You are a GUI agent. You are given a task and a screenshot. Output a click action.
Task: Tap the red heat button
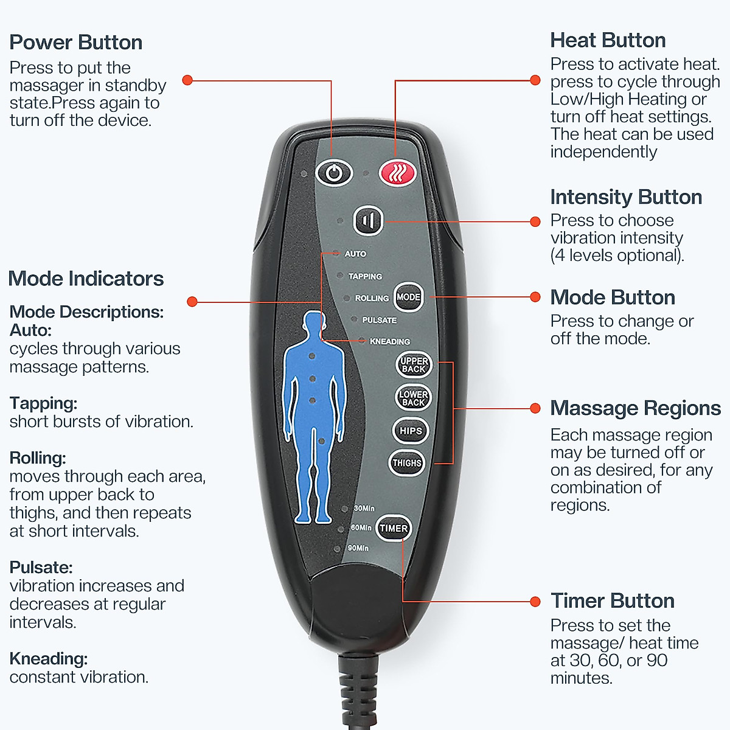pos(397,173)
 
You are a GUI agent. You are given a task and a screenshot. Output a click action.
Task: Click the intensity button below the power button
pos(368,220)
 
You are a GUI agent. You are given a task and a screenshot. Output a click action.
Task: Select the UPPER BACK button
pos(414,364)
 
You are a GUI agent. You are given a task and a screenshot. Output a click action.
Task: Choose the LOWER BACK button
pos(414,398)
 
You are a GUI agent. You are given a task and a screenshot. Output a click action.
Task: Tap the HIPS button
pos(411,431)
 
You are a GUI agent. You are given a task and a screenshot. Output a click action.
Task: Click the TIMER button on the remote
pos(394,528)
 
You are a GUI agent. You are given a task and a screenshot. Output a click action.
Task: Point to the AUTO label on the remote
pos(355,254)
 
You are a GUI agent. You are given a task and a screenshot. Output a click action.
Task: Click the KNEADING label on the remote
pos(389,341)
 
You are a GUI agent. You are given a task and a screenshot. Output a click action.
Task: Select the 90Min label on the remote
pos(358,548)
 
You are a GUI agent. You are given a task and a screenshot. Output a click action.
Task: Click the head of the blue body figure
pos(313,324)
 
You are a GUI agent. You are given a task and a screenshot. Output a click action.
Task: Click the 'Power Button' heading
pos(76,43)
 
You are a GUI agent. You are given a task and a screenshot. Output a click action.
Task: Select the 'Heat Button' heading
pos(608,40)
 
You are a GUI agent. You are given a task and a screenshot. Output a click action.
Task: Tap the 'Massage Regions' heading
pos(635,408)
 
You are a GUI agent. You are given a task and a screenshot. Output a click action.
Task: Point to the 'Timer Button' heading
pos(612,601)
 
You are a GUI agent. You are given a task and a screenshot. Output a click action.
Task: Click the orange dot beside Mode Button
pos(535,297)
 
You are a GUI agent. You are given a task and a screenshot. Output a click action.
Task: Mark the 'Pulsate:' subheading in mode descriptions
pos(41,568)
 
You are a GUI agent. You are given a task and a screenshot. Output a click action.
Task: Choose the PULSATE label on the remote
pos(379,320)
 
